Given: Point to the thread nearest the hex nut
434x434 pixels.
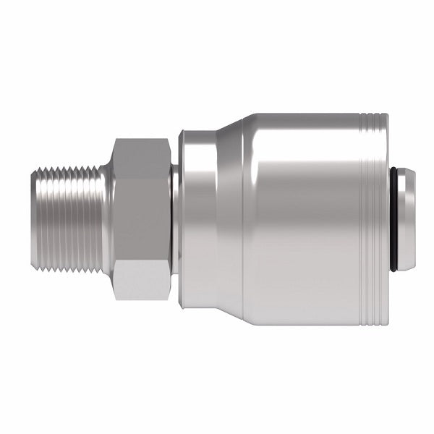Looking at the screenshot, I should (x=97, y=217).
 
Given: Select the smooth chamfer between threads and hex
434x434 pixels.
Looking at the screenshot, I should (x=107, y=217).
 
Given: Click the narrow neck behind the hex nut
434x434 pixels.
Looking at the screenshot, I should (x=175, y=217).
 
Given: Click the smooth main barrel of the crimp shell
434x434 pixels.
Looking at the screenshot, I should (x=304, y=217).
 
